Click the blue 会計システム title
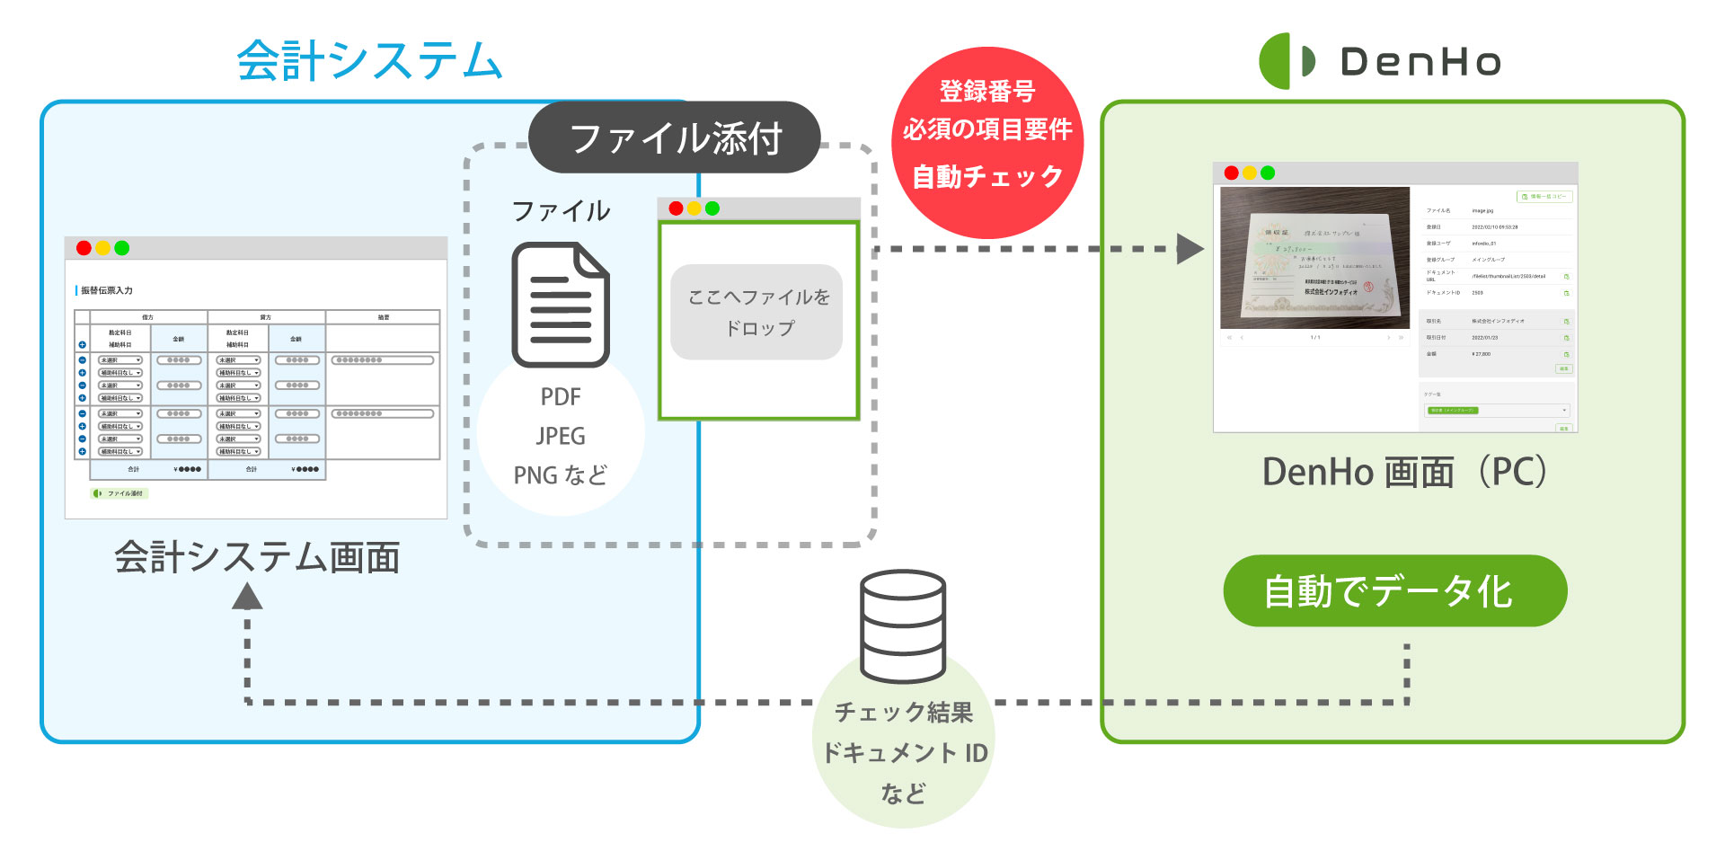coord(368,61)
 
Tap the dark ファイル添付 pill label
coord(675,138)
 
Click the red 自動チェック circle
coord(986,142)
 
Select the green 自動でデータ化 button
coord(1394,591)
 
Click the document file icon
coord(561,305)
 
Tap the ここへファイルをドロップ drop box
coord(757,312)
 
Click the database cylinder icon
coord(902,626)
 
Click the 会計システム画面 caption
coord(257,557)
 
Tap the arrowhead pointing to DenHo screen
coord(1190,249)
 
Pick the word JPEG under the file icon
coord(561,437)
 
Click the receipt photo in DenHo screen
coord(1314,258)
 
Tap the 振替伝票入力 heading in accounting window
coord(107,290)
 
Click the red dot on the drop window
coord(676,208)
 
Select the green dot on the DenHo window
coord(1268,173)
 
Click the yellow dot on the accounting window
coord(103,248)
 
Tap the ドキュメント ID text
coord(904,752)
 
